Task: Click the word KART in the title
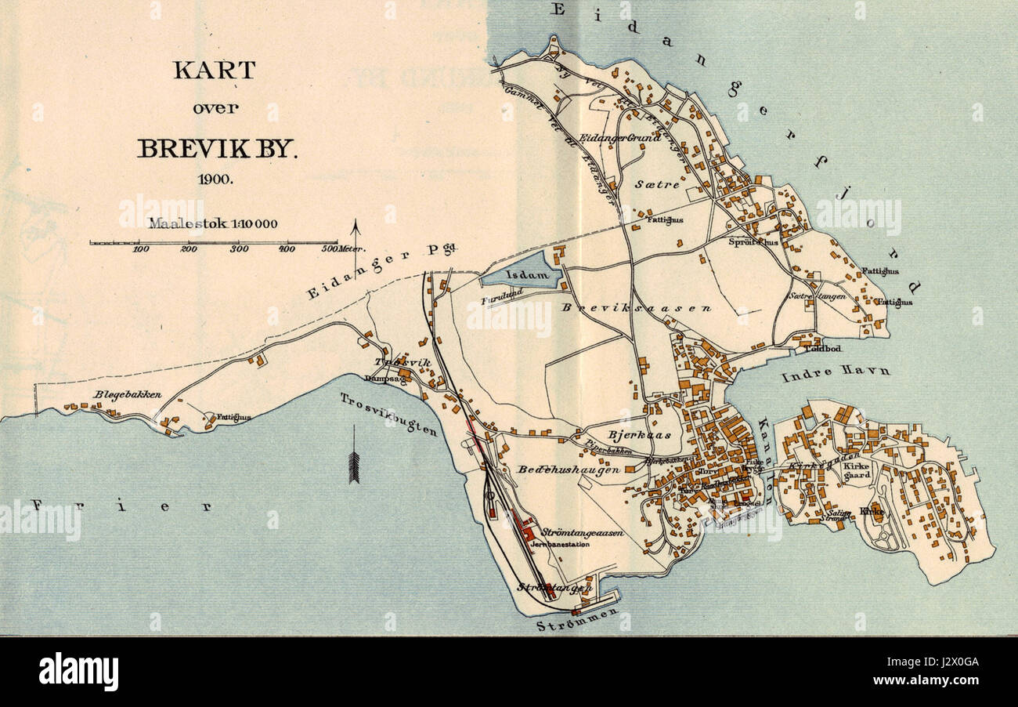(x=214, y=70)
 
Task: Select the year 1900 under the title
(x=214, y=179)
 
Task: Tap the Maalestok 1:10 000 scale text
(x=213, y=223)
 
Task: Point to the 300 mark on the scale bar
(x=239, y=249)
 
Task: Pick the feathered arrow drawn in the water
(x=353, y=455)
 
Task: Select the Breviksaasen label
(x=636, y=308)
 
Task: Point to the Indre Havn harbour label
(x=835, y=372)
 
